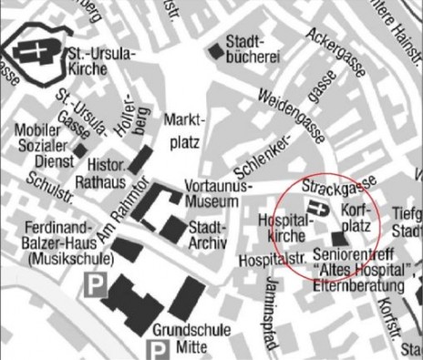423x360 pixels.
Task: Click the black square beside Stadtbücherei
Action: tap(215, 50)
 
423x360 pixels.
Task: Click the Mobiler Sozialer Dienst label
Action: tap(40, 145)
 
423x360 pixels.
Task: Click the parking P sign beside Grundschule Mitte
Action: tap(157, 350)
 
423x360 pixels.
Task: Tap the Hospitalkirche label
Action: tap(282, 228)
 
